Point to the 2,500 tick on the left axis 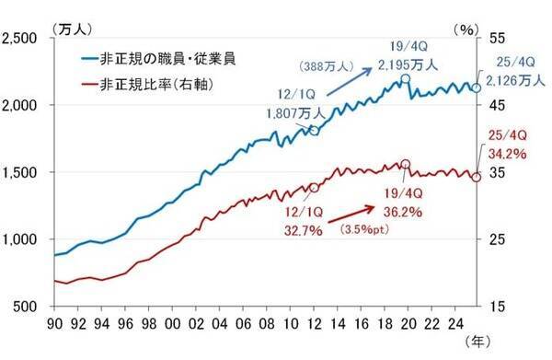click(22, 38)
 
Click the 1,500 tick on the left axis click(22, 172)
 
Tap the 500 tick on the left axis click(28, 307)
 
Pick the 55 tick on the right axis click(495, 38)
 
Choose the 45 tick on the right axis click(495, 105)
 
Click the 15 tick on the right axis click(495, 307)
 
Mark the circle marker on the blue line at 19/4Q click(404, 80)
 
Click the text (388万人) click(323, 67)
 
